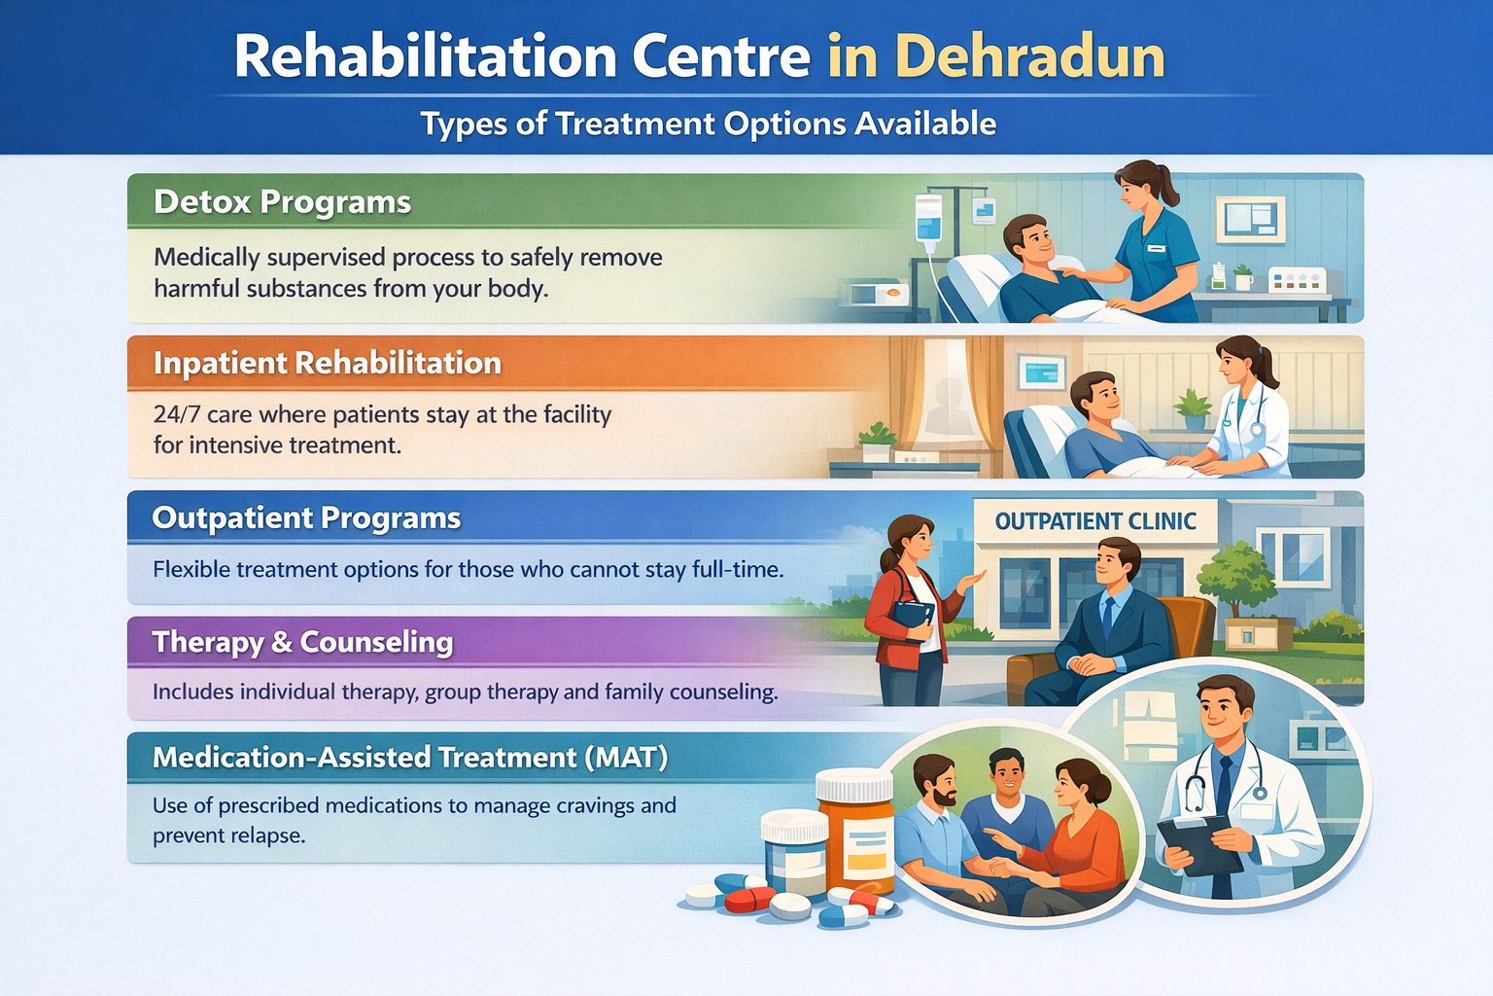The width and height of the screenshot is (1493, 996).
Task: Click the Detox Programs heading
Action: [x=282, y=202]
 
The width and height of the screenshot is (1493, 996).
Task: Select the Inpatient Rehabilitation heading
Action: [x=327, y=363]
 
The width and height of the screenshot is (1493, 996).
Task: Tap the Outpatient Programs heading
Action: [x=306, y=517]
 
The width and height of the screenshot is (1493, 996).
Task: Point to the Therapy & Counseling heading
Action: [x=302, y=642]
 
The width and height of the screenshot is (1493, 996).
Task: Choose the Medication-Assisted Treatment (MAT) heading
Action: [x=409, y=757]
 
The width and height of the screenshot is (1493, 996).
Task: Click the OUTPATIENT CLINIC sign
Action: [x=1094, y=521]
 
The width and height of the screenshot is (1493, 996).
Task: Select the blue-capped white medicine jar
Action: [x=794, y=851]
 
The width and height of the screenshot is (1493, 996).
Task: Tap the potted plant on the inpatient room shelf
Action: [x=1193, y=409]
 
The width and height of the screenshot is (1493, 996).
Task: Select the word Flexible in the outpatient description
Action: [x=191, y=569]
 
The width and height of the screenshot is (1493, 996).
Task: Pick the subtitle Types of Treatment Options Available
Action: [x=708, y=124]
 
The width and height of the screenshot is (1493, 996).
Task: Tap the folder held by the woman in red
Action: [x=912, y=616]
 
